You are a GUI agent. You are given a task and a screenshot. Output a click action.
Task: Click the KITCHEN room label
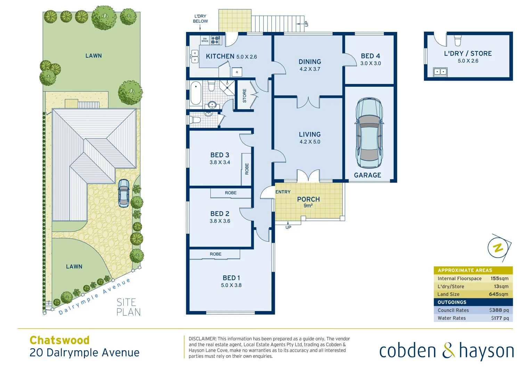coord(220,56)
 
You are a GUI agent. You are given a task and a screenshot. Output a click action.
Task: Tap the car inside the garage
coord(369,133)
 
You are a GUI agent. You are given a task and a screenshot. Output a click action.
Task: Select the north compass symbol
coord(499,248)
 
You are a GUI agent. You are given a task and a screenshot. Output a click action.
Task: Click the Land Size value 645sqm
coord(498,294)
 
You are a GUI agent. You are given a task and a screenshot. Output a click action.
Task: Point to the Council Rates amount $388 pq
coord(499,310)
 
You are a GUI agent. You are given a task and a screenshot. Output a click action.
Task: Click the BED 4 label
coord(370,56)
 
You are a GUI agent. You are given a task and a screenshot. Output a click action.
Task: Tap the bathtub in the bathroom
coord(196,93)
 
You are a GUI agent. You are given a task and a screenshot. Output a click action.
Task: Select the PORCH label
coord(308,199)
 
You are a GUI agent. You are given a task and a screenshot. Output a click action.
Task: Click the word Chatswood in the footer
coord(59,340)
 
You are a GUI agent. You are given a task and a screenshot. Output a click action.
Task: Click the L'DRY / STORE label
coord(468,53)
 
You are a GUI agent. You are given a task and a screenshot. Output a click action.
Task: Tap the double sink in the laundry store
coord(440,72)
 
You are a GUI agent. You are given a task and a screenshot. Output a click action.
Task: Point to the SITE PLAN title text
coord(128,307)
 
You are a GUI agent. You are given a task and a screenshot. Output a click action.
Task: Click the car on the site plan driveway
coord(124,193)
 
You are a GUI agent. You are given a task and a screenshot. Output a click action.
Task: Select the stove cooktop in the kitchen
coord(215,40)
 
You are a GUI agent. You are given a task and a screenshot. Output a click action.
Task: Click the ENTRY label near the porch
coord(283,192)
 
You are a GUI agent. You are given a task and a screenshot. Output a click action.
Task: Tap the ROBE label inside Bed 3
coord(247,169)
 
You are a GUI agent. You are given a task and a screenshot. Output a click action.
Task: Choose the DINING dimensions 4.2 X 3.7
coord(310,69)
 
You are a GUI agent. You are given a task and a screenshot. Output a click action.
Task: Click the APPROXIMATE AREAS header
coord(465,270)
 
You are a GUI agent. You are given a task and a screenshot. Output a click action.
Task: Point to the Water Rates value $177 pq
coord(500,318)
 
